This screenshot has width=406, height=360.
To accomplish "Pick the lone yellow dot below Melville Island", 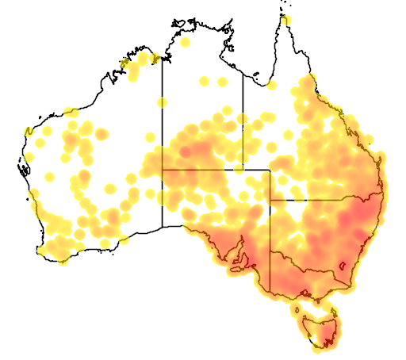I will (185, 42).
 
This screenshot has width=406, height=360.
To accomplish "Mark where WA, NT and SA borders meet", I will (163, 170).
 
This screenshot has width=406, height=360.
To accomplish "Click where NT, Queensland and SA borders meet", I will (243, 170).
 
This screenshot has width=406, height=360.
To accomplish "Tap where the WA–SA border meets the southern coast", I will (163, 227).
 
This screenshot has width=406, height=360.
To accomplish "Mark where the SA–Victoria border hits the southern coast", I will (270, 290).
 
